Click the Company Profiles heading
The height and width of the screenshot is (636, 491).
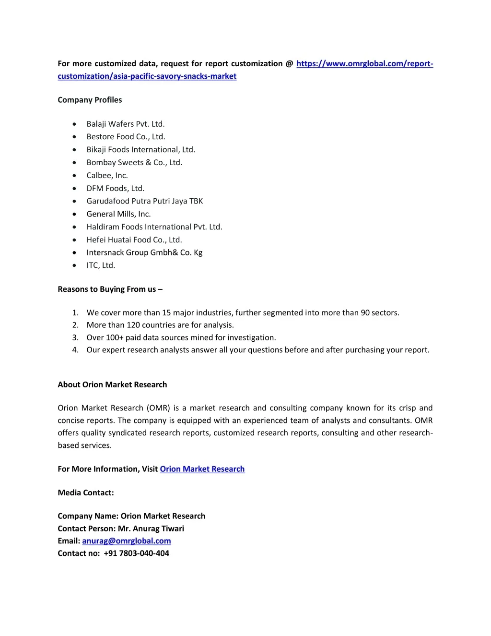pyautogui.click(x=90, y=100)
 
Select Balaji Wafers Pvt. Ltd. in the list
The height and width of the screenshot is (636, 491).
pyautogui.click(x=125, y=124)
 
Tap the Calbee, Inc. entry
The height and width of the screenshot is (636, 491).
pyautogui.click(x=107, y=175)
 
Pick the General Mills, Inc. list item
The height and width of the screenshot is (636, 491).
pyautogui.click(x=118, y=214)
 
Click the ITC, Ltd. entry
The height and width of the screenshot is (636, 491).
pyautogui.click(x=101, y=265)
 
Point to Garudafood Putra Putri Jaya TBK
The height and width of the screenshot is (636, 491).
pyautogui.click(x=144, y=201)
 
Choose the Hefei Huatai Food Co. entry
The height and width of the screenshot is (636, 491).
pyautogui.click(x=134, y=240)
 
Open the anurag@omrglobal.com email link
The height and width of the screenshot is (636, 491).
pyautogui.click(x=127, y=541)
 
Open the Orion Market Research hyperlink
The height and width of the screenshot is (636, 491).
pyautogui.click(x=202, y=469)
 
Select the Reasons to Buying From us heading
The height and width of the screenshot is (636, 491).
pyautogui.click(x=110, y=289)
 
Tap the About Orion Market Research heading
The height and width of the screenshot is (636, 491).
pyautogui.click(x=112, y=384)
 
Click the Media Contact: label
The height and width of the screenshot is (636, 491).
pyautogui.click(x=86, y=492)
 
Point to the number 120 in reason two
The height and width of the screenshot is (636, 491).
pyautogui.click(x=133, y=325)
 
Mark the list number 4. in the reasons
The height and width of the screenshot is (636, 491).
pyautogui.click(x=75, y=350)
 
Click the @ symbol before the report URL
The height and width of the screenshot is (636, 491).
pyautogui.click(x=289, y=64)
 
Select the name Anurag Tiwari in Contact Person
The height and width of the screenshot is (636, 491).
pyautogui.click(x=158, y=528)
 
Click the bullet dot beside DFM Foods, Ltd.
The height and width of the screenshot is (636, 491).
pyautogui.click(x=74, y=188)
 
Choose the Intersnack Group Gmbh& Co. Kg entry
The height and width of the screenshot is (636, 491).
pyautogui.click(x=144, y=252)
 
